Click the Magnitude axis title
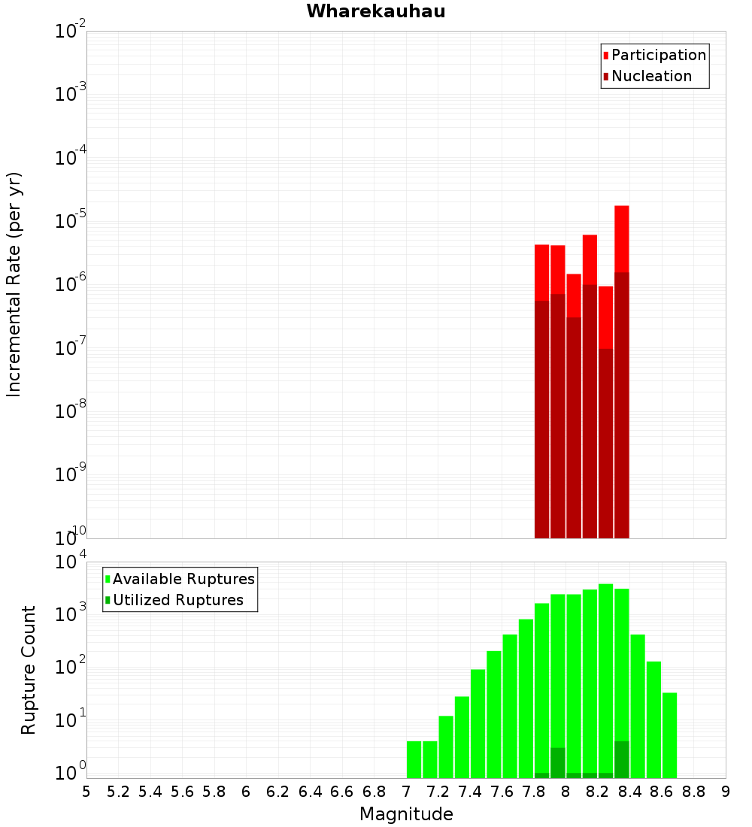click(406, 814)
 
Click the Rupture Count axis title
click(29, 670)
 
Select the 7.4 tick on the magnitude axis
click(470, 791)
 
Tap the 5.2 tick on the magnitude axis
click(118, 791)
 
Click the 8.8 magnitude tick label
click(693, 791)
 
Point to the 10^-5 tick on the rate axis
click(71, 221)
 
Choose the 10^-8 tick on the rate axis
click(71, 411)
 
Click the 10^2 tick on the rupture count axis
click(71, 667)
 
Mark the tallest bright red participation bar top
click(621, 207)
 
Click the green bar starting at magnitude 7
click(414, 759)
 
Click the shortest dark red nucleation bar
click(605, 444)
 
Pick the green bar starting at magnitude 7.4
click(478, 722)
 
